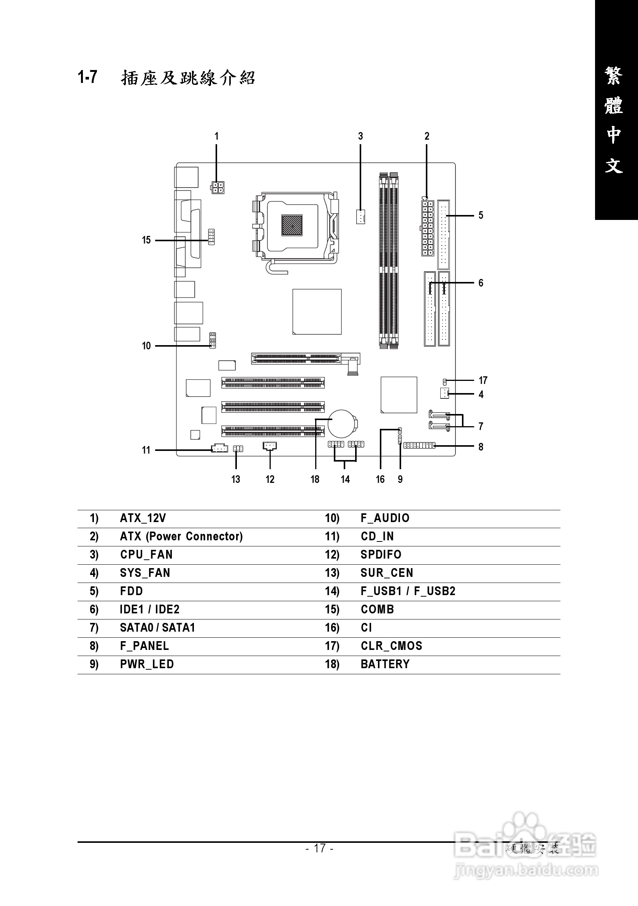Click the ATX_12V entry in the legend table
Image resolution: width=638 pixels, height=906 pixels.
click(143, 518)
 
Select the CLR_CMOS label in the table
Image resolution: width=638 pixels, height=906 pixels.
click(391, 646)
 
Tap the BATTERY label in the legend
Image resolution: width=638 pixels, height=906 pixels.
click(385, 664)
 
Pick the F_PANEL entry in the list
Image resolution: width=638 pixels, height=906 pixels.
click(144, 646)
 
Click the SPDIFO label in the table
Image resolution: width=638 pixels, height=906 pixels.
click(381, 554)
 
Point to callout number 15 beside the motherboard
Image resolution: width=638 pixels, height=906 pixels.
click(146, 240)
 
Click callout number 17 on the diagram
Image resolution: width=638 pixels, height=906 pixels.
click(482, 381)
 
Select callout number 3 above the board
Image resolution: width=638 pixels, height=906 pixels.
click(360, 136)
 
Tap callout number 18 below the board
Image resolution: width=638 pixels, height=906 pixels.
click(315, 479)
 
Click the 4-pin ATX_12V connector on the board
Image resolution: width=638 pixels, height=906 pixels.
click(217, 188)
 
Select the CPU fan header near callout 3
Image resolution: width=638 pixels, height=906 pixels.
click(360, 216)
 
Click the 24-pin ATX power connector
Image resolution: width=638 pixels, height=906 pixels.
click(427, 228)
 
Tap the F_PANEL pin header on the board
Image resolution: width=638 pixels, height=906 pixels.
click(419, 446)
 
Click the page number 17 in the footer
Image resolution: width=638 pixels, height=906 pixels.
click(319, 848)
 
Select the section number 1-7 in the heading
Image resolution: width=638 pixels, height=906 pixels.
click(87, 77)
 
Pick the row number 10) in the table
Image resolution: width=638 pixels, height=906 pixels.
click(332, 518)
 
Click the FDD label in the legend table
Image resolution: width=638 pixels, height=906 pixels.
click(131, 591)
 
